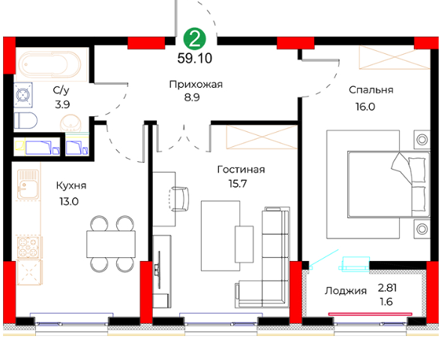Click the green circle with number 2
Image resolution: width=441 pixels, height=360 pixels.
click(195, 39)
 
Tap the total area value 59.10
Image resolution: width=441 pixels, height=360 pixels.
click(195, 58)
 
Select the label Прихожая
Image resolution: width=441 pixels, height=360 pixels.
click(196, 84)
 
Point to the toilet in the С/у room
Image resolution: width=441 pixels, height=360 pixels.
click(25, 121)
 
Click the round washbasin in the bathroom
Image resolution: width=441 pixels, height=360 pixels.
click(70, 123)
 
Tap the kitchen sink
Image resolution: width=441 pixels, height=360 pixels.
click(28, 184)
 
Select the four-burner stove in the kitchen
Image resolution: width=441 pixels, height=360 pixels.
click(28, 247)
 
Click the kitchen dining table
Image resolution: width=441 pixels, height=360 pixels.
click(111, 244)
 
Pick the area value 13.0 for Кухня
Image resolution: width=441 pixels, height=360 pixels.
click(69, 201)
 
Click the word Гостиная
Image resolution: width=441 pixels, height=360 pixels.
click(241, 169)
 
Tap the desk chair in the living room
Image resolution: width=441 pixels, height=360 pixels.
click(178, 199)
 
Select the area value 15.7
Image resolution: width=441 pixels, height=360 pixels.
click(238, 184)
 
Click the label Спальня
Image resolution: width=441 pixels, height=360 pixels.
click(371, 90)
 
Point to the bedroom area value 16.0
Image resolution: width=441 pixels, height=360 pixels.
click(365, 106)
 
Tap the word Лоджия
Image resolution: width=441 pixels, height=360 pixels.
click(346, 291)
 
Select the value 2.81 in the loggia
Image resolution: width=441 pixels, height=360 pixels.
click(387, 288)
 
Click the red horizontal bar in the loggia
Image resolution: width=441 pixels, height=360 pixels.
click(370, 313)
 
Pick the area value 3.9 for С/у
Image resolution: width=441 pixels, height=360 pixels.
click(62, 105)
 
